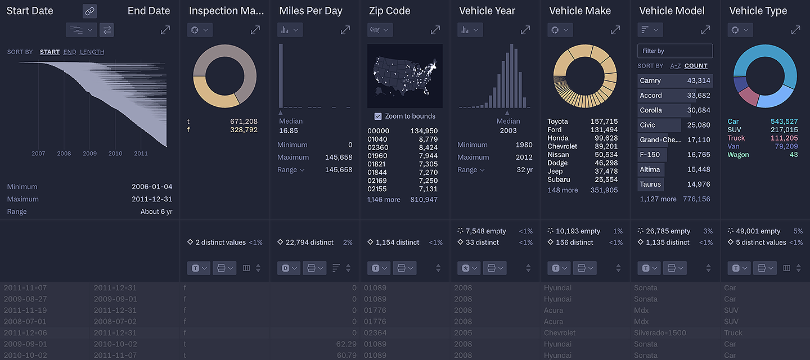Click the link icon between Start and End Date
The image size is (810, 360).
(x=89, y=11)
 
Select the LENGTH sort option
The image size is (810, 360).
(x=92, y=52)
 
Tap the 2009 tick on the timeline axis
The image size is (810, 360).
(x=89, y=154)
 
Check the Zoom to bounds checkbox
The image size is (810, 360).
(x=378, y=116)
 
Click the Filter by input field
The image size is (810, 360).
(x=674, y=51)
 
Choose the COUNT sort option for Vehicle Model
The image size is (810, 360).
(x=696, y=66)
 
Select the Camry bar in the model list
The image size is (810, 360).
(x=674, y=80)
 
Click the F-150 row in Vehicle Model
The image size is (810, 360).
(x=674, y=155)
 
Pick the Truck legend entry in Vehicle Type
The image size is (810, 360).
(x=736, y=138)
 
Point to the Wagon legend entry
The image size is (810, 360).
(x=738, y=155)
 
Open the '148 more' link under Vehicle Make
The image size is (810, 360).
(x=562, y=190)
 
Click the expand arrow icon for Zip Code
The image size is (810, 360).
(x=435, y=30)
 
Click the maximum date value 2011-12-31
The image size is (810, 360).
(x=152, y=199)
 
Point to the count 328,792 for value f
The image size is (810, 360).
(x=244, y=130)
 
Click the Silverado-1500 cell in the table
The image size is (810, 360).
(x=660, y=332)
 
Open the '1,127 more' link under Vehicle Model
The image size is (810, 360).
(x=658, y=199)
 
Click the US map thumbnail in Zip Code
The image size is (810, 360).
(x=404, y=76)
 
